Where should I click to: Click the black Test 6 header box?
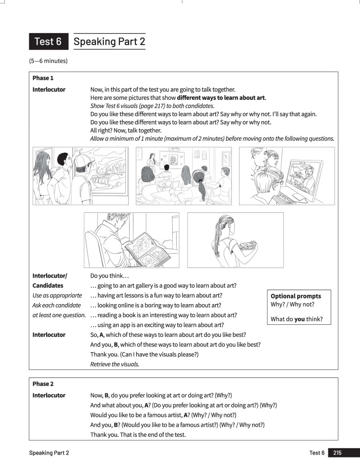coord(48,42)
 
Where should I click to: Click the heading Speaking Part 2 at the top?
coord(109,42)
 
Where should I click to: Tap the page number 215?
coord(337,453)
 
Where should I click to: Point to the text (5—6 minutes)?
coord(48,61)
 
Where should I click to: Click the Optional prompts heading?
coord(296,296)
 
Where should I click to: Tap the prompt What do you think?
coord(297,319)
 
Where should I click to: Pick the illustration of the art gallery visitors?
coord(80,176)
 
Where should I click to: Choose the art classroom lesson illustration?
coord(184,176)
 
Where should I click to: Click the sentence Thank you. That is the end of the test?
coord(138,435)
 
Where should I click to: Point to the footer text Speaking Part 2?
coord(49,453)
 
